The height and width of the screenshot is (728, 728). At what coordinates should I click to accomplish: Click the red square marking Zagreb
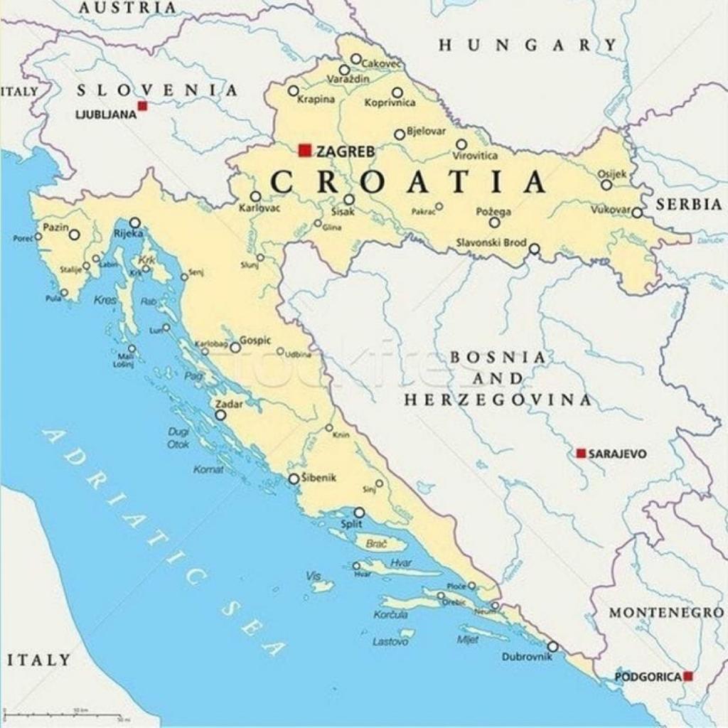(305, 150)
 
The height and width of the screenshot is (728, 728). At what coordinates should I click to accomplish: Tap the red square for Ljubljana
(142, 106)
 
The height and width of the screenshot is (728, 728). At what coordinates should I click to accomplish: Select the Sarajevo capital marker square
(581, 453)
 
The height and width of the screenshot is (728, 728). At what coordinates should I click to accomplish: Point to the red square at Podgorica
(687, 676)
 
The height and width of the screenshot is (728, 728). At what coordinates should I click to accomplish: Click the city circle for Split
(359, 513)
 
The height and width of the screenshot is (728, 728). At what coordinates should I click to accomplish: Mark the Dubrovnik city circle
(552, 647)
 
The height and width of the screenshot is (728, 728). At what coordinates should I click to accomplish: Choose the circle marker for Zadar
(220, 415)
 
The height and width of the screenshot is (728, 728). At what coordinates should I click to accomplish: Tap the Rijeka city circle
(134, 223)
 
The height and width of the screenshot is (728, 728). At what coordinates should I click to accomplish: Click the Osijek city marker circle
(606, 185)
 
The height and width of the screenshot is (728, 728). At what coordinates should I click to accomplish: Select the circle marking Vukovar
(637, 213)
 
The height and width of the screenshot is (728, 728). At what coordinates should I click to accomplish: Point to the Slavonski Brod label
(491, 242)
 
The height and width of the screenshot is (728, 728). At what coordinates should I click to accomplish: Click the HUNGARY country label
(528, 45)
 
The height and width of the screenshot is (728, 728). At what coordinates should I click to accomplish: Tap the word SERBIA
(688, 204)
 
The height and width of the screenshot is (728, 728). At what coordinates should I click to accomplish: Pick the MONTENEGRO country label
(665, 613)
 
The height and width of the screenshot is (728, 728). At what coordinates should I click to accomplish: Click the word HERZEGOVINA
(498, 400)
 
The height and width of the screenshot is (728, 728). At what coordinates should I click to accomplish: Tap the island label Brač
(376, 544)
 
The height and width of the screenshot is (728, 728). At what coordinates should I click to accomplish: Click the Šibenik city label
(318, 477)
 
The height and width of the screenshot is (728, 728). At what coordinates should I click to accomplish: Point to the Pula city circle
(64, 293)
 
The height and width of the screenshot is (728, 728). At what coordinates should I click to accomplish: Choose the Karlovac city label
(259, 208)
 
